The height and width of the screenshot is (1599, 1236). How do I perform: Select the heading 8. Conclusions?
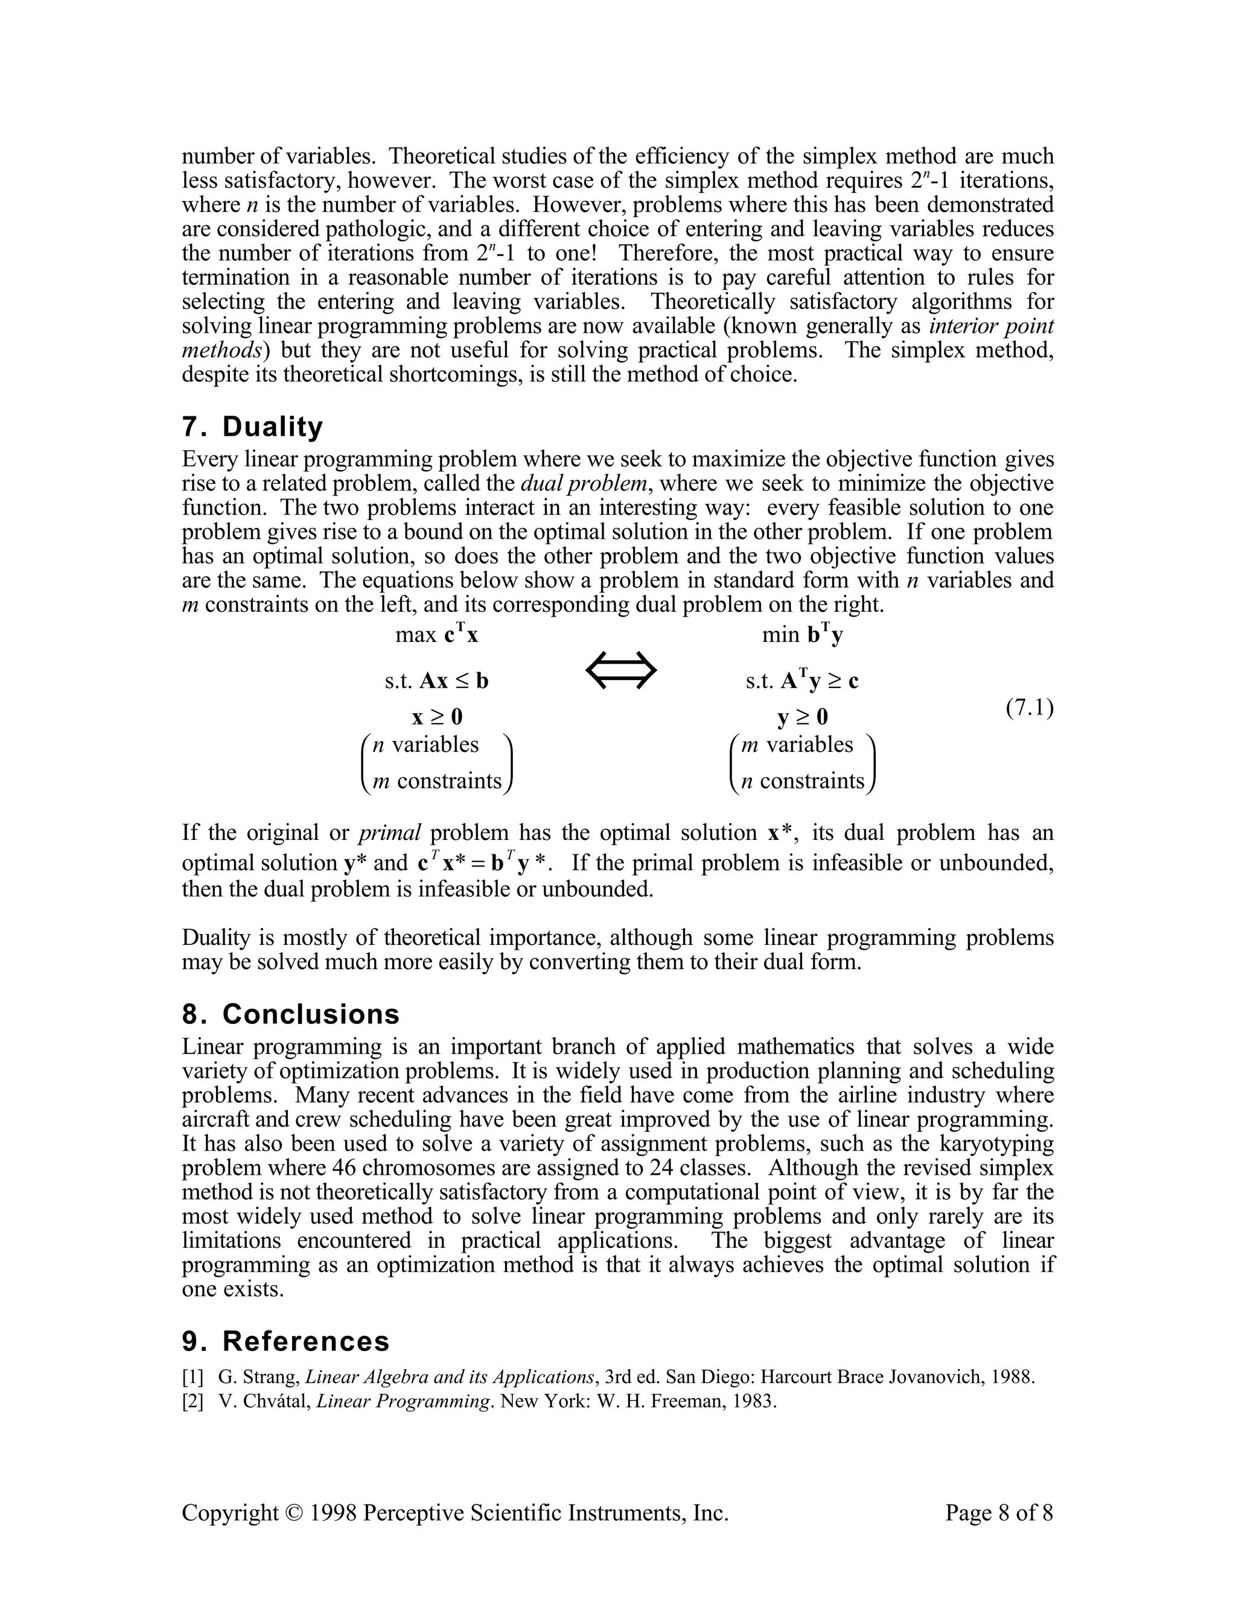coord(291,1014)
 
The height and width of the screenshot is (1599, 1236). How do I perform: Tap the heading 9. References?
coord(285,1341)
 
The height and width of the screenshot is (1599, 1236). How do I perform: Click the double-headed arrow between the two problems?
coord(622,670)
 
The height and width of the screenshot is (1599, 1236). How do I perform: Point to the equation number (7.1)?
coord(1029,708)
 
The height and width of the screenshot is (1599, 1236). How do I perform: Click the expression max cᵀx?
coord(436,634)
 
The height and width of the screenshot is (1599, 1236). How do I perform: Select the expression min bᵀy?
coord(802,634)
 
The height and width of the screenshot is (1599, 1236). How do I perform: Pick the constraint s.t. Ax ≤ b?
coord(436,681)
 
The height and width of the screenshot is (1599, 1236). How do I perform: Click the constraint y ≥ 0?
coord(802,716)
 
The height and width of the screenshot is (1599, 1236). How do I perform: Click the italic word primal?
coord(389,833)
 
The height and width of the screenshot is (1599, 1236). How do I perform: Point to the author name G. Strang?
coord(258,1376)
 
